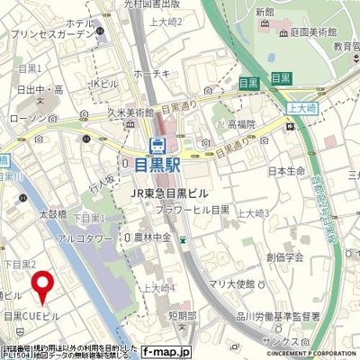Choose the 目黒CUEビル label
[x=32, y=317]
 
